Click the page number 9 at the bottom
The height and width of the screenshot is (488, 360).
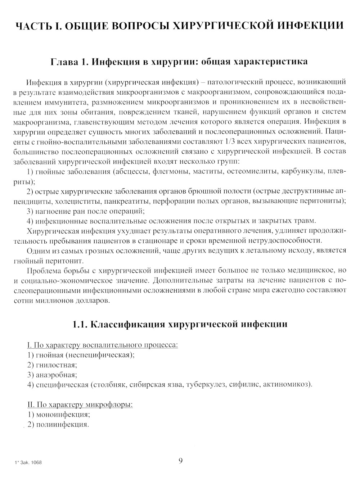181,461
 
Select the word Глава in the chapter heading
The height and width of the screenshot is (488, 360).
64,62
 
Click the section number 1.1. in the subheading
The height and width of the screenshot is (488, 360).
80,324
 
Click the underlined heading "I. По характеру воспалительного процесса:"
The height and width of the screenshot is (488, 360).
103,345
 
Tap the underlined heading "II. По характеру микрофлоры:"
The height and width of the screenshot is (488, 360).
80,405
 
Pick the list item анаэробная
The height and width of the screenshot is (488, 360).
56,375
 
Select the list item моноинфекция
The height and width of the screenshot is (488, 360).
63,415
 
